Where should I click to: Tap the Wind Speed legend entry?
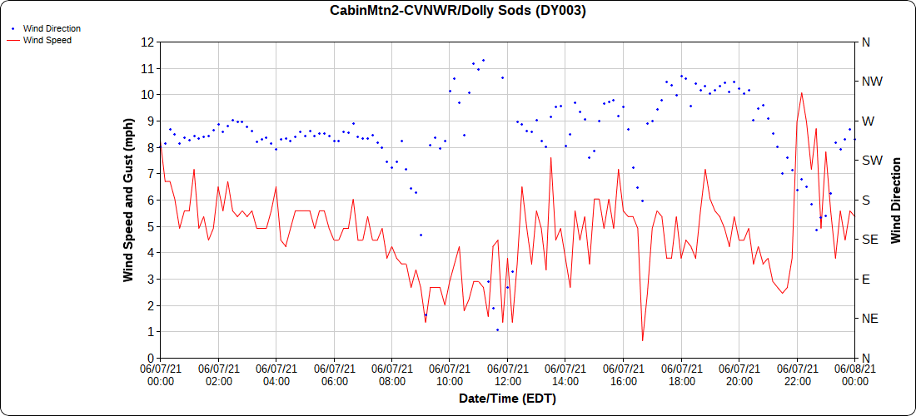click(x=47, y=39)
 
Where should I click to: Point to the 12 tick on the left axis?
click(x=148, y=42)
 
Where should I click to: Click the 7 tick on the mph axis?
click(x=151, y=173)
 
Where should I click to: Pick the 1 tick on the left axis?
click(x=151, y=331)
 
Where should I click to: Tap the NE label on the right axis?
click(x=869, y=318)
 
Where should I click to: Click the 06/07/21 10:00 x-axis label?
click(x=450, y=374)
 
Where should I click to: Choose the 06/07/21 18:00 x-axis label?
click(x=681, y=374)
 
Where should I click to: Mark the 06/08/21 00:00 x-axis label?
click(x=854, y=374)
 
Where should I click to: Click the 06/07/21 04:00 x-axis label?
click(x=276, y=374)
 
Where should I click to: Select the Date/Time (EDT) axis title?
click(x=507, y=399)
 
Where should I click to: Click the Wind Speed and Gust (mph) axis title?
click(x=128, y=200)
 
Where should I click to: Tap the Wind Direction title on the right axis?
click(x=896, y=200)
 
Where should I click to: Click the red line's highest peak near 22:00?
click(x=801, y=93)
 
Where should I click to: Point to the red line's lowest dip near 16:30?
click(x=643, y=340)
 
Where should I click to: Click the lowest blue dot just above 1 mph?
click(x=497, y=329)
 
